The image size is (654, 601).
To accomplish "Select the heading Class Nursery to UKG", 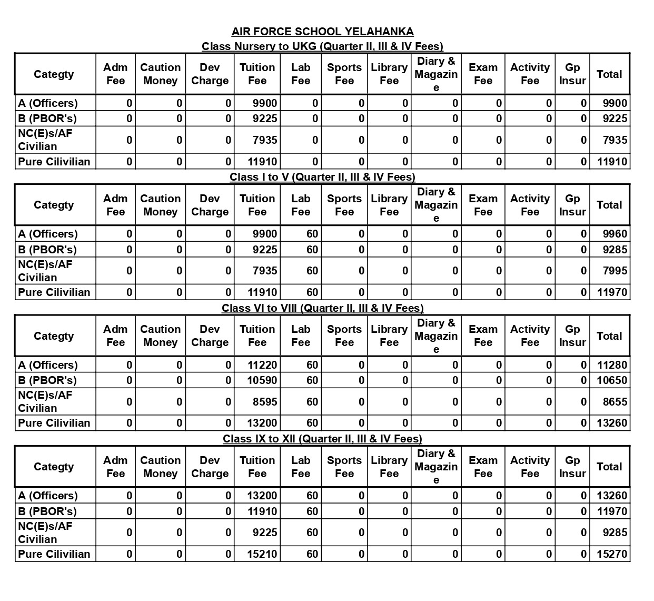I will tap(322, 46).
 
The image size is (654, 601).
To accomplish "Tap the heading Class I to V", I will tap(322, 177).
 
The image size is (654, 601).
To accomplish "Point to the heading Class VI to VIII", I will tap(322, 308).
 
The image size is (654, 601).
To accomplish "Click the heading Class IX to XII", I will tap(322, 439).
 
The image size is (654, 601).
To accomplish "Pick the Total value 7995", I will tap(615, 271).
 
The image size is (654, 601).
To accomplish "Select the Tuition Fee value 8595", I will tap(264, 401).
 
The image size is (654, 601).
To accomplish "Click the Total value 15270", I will tap(612, 554).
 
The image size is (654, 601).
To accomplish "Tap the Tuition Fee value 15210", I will tap(262, 554).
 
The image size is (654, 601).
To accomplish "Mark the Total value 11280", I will tap(612, 365).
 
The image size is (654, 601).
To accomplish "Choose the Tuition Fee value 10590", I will tap(262, 380).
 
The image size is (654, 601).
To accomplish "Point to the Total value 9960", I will tap(615, 234).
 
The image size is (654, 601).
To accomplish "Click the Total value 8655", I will tap(615, 401).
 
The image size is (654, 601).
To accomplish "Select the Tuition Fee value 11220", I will tap(262, 365).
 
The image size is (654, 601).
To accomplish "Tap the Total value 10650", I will tap(612, 380).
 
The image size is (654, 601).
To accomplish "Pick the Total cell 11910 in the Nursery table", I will tap(612, 162).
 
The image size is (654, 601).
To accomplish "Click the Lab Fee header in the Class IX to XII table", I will tap(301, 467).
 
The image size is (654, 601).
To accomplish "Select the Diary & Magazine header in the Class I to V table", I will tap(436, 205).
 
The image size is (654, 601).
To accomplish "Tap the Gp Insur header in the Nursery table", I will tap(572, 74).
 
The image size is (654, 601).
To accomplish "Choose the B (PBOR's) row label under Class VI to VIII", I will tap(47, 380).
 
